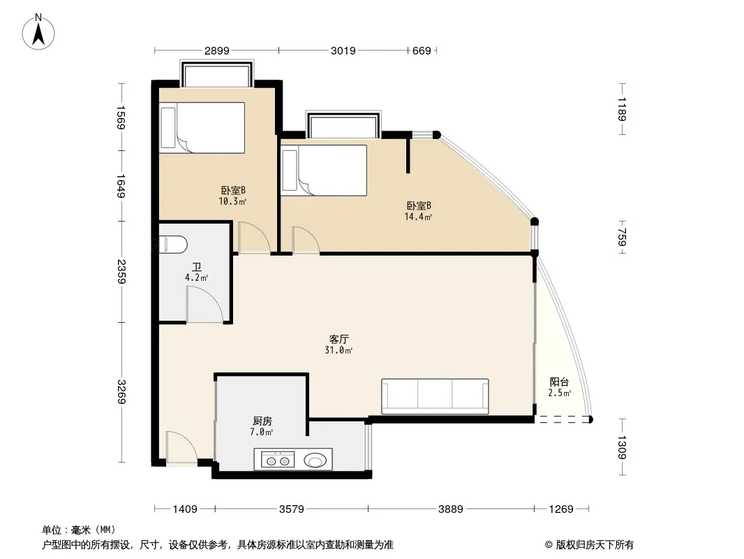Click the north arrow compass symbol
click(x=38, y=32)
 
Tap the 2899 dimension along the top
click(x=217, y=50)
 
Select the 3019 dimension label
click(x=343, y=50)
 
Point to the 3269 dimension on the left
click(x=122, y=392)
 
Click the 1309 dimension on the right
click(x=623, y=447)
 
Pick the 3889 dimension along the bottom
click(x=450, y=509)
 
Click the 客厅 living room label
click(x=338, y=339)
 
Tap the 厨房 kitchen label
click(x=262, y=421)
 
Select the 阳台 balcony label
click(x=559, y=382)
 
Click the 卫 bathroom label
click(x=196, y=268)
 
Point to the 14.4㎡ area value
click(x=418, y=217)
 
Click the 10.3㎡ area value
click(x=232, y=201)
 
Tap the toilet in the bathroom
click(x=173, y=245)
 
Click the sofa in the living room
click(x=435, y=396)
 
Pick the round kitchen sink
click(x=315, y=460)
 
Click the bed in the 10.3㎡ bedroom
click(x=202, y=128)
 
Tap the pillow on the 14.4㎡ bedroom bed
click(x=290, y=170)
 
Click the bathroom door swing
click(x=205, y=305)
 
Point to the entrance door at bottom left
click(x=181, y=447)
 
